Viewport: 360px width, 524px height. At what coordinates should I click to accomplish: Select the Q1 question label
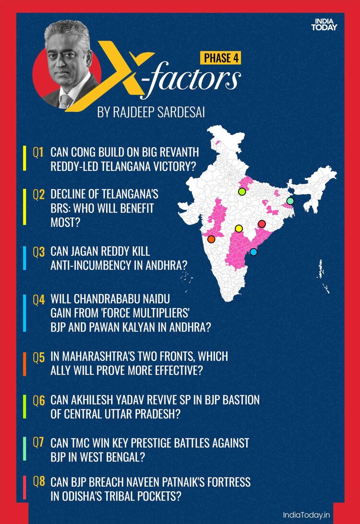click(38, 153)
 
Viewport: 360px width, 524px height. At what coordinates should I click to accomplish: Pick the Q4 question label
click(38, 300)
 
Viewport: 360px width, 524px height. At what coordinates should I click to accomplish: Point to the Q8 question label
click(38, 481)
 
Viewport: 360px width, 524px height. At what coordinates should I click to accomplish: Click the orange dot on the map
click(211, 239)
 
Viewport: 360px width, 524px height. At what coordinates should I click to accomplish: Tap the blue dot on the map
click(253, 251)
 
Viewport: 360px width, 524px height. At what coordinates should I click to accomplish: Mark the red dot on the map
click(262, 224)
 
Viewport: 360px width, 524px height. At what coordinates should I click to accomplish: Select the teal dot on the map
click(290, 201)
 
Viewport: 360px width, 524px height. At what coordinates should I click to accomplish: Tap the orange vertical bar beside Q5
click(24, 363)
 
